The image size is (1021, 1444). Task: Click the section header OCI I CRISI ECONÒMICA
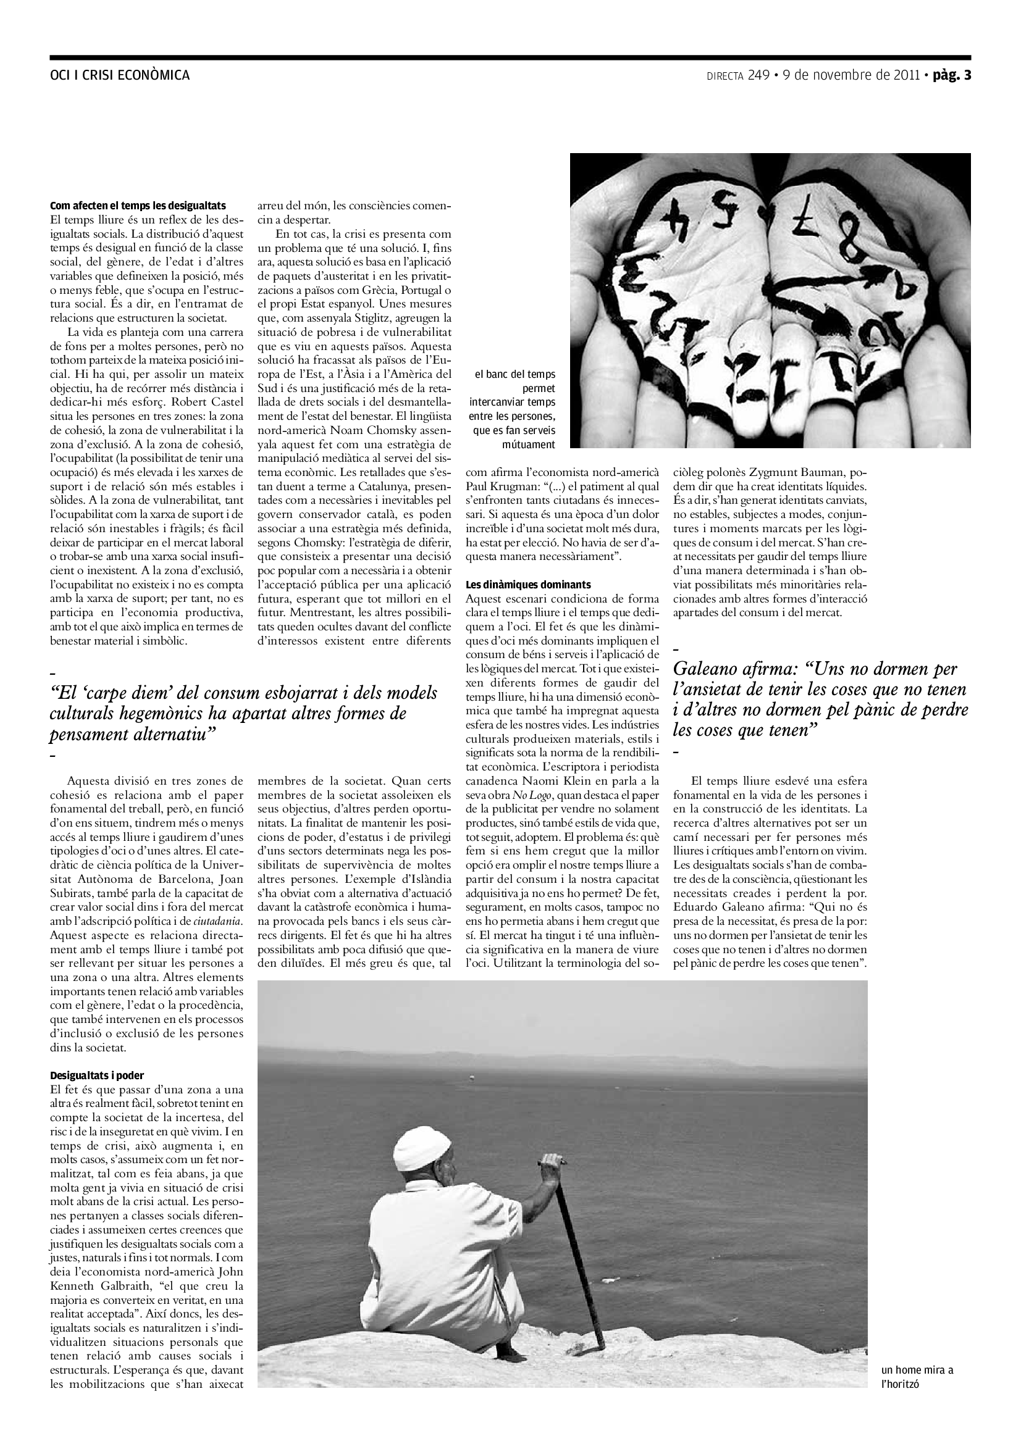point(120,75)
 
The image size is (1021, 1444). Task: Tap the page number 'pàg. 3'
point(952,75)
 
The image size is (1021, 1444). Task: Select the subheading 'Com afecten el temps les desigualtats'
point(138,206)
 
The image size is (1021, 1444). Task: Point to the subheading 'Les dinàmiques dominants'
point(529,584)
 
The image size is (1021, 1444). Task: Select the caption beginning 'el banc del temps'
point(515,374)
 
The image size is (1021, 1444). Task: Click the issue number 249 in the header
point(758,75)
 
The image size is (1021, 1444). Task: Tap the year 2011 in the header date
point(906,75)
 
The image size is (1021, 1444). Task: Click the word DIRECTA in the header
point(725,76)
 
